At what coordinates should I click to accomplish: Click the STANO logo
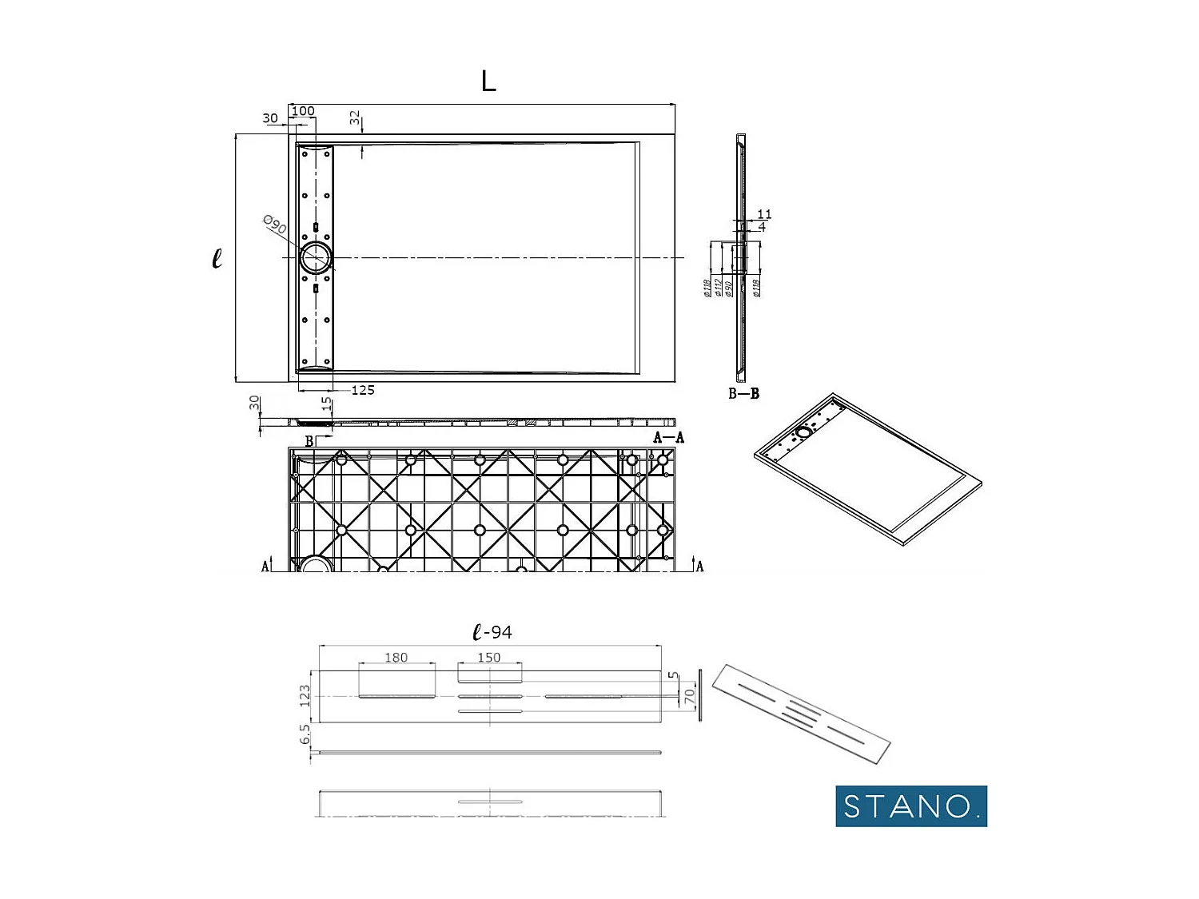click(910, 806)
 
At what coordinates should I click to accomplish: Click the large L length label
click(488, 81)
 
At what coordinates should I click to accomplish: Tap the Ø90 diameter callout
click(274, 225)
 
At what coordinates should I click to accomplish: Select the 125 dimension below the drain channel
click(363, 390)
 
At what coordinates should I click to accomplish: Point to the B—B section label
click(743, 393)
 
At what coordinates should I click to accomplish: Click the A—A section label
click(668, 437)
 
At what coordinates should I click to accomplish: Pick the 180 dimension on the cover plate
click(396, 658)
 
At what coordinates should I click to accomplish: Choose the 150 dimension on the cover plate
click(488, 658)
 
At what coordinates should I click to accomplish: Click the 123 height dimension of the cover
click(305, 695)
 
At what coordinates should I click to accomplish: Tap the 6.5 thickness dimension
click(305, 734)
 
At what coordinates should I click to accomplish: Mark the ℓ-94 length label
click(492, 632)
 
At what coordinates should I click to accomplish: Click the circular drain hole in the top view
click(316, 258)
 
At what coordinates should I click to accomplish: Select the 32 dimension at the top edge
click(355, 118)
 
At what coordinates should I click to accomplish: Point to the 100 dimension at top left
click(303, 111)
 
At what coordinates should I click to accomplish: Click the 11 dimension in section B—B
click(764, 214)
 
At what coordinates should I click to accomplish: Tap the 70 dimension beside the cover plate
click(689, 697)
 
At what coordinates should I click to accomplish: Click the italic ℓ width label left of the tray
click(217, 258)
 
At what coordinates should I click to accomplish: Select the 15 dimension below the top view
click(326, 404)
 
